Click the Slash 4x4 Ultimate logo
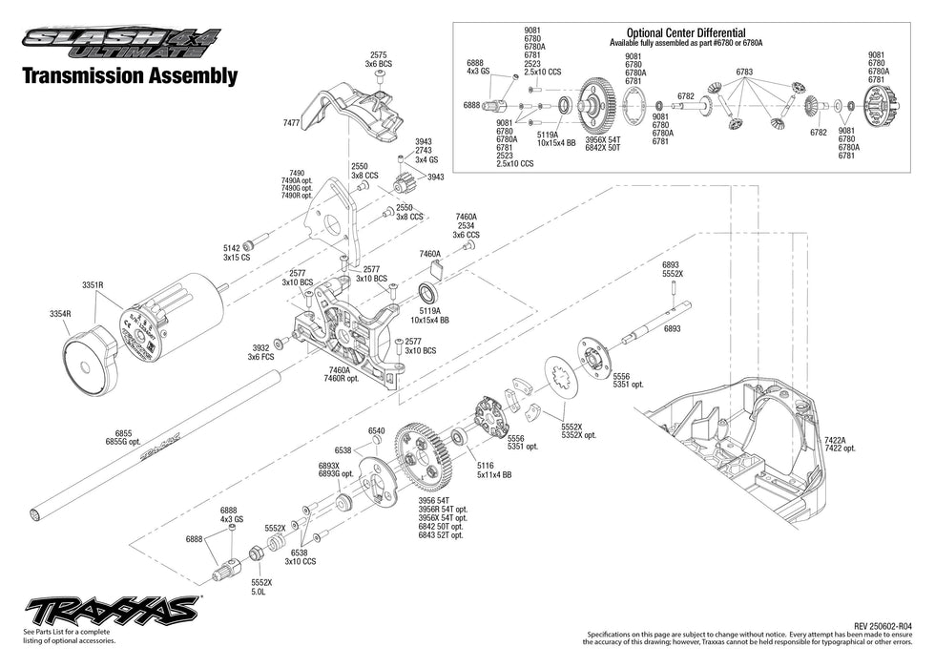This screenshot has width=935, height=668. coord(119,41)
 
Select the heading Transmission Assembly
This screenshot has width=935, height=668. coord(129,76)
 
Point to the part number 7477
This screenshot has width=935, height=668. coord(291,123)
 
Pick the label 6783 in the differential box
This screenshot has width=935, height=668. coord(745,72)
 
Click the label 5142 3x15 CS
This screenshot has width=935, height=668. coord(236,253)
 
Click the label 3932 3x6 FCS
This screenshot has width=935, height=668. coord(260,352)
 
